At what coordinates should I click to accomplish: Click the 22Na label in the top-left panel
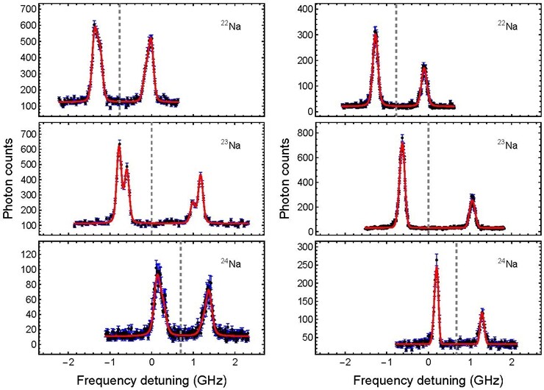231,26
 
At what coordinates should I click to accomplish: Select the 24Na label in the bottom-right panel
507,263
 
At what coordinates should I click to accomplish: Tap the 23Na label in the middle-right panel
507,144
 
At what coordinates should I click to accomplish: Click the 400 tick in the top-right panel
306,9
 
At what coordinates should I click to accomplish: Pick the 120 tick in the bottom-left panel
29,255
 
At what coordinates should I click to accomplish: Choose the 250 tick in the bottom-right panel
306,265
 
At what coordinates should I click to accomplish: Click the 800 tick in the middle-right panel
306,132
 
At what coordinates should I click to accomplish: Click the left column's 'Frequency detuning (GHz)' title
151,380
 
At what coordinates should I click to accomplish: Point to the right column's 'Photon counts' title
284,178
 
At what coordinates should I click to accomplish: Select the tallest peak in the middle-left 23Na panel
119,146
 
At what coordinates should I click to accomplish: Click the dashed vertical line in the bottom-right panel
457,297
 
